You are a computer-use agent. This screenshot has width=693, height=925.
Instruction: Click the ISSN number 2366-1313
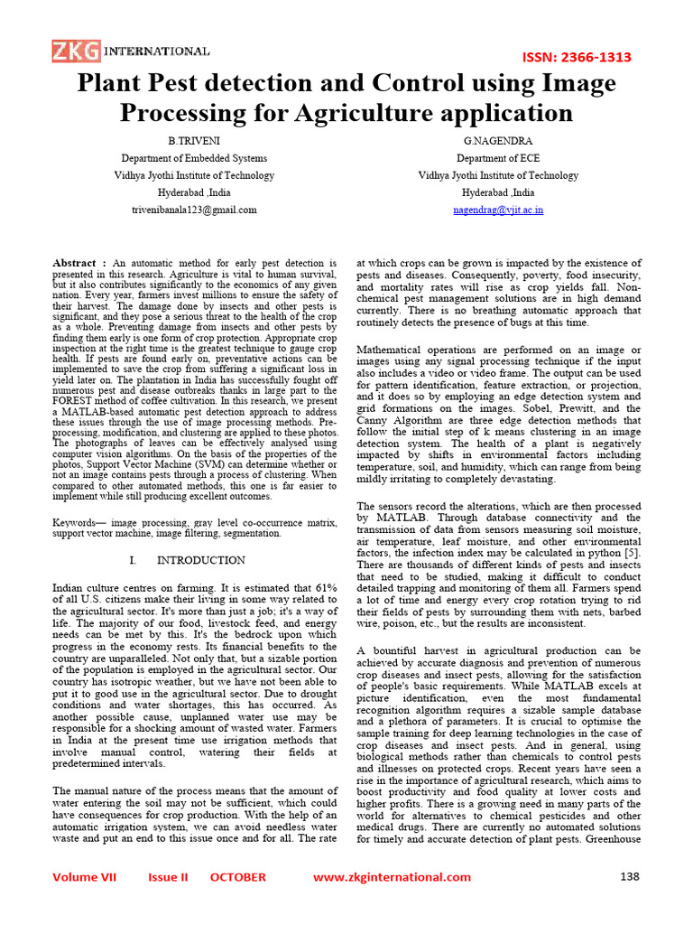click(x=577, y=57)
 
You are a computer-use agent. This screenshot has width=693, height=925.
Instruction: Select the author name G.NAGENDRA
click(x=497, y=142)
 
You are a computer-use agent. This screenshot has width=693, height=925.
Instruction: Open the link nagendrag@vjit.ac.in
click(x=497, y=210)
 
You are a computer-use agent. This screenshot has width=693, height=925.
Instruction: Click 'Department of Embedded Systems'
click(x=193, y=159)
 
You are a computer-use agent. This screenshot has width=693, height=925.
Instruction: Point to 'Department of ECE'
click(x=497, y=159)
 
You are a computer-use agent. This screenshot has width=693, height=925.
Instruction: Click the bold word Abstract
click(x=74, y=263)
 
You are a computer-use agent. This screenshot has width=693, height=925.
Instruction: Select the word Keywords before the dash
click(x=75, y=523)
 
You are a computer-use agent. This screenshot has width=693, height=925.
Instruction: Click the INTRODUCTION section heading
click(x=200, y=560)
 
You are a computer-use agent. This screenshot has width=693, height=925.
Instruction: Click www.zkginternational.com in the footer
click(x=392, y=877)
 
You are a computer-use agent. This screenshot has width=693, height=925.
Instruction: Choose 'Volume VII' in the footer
click(x=85, y=877)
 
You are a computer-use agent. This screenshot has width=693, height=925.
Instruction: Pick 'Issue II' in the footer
click(x=169, y=877)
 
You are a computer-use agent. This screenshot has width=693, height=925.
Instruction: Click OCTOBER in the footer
click(x=238, y=877)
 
